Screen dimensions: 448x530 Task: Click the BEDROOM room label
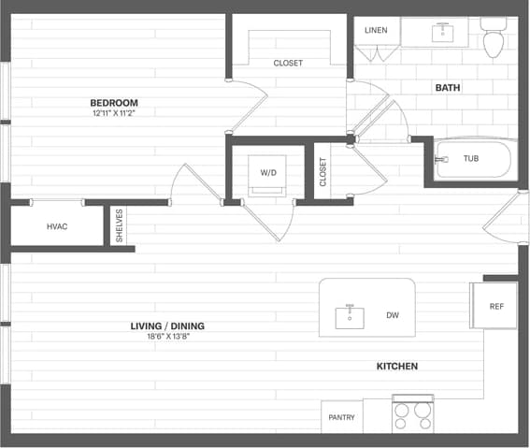114,103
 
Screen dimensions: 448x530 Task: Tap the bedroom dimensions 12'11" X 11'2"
114,113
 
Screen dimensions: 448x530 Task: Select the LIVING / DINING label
167,326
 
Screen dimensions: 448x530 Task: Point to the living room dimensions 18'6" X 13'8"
167,337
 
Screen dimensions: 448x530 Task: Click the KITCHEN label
396,366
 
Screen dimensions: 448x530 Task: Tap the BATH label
448,88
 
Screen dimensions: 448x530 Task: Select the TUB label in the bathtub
471,159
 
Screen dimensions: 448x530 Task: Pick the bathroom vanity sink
439,32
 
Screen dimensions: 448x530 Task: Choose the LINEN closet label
376,30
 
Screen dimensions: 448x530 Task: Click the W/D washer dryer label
268,172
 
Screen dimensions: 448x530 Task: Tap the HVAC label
58,227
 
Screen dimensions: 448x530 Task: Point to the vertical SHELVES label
119,226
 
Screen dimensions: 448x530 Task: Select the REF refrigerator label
496,306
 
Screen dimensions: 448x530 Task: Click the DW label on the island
393,316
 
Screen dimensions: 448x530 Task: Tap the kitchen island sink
351,316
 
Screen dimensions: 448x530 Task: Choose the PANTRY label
341,417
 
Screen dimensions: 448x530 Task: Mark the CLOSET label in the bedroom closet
288,64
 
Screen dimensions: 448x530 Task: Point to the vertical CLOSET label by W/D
323,171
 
